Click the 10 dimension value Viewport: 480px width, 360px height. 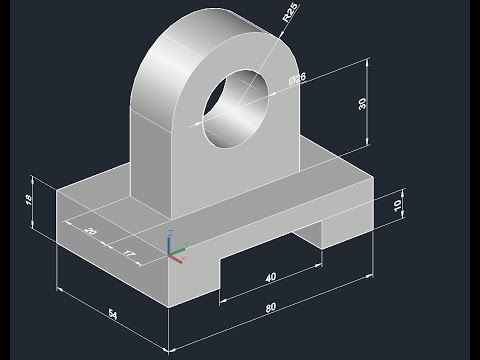[397, 206]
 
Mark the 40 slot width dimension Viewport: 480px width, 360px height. [270, 277]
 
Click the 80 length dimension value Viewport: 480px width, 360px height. [271, 308]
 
